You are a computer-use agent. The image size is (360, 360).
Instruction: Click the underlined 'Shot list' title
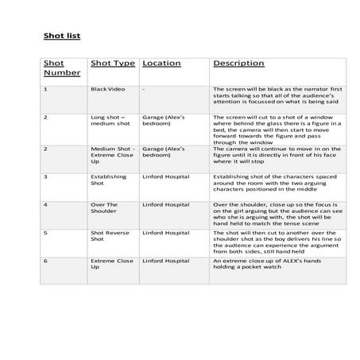[x=61, y=37]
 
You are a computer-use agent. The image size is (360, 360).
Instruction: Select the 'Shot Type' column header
[x=113, y=63]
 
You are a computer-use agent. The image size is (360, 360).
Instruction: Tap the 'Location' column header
[x=161, y=63]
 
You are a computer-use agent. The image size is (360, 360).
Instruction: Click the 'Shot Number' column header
[x=57, y=68]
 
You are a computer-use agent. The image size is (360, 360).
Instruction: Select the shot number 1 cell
[x=45, y=89]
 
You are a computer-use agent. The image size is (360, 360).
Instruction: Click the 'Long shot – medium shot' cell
[x=110, y=121]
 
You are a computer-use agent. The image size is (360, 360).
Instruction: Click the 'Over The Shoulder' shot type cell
[x=106, y=207]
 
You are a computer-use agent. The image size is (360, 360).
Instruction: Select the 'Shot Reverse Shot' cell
[x=109, y=236]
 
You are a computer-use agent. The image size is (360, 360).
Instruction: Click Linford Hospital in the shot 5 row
[x=167, y=233]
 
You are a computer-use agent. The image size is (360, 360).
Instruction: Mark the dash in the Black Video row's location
[x=144, y=89]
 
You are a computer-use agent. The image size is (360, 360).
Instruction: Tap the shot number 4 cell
[x=45, y=204]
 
